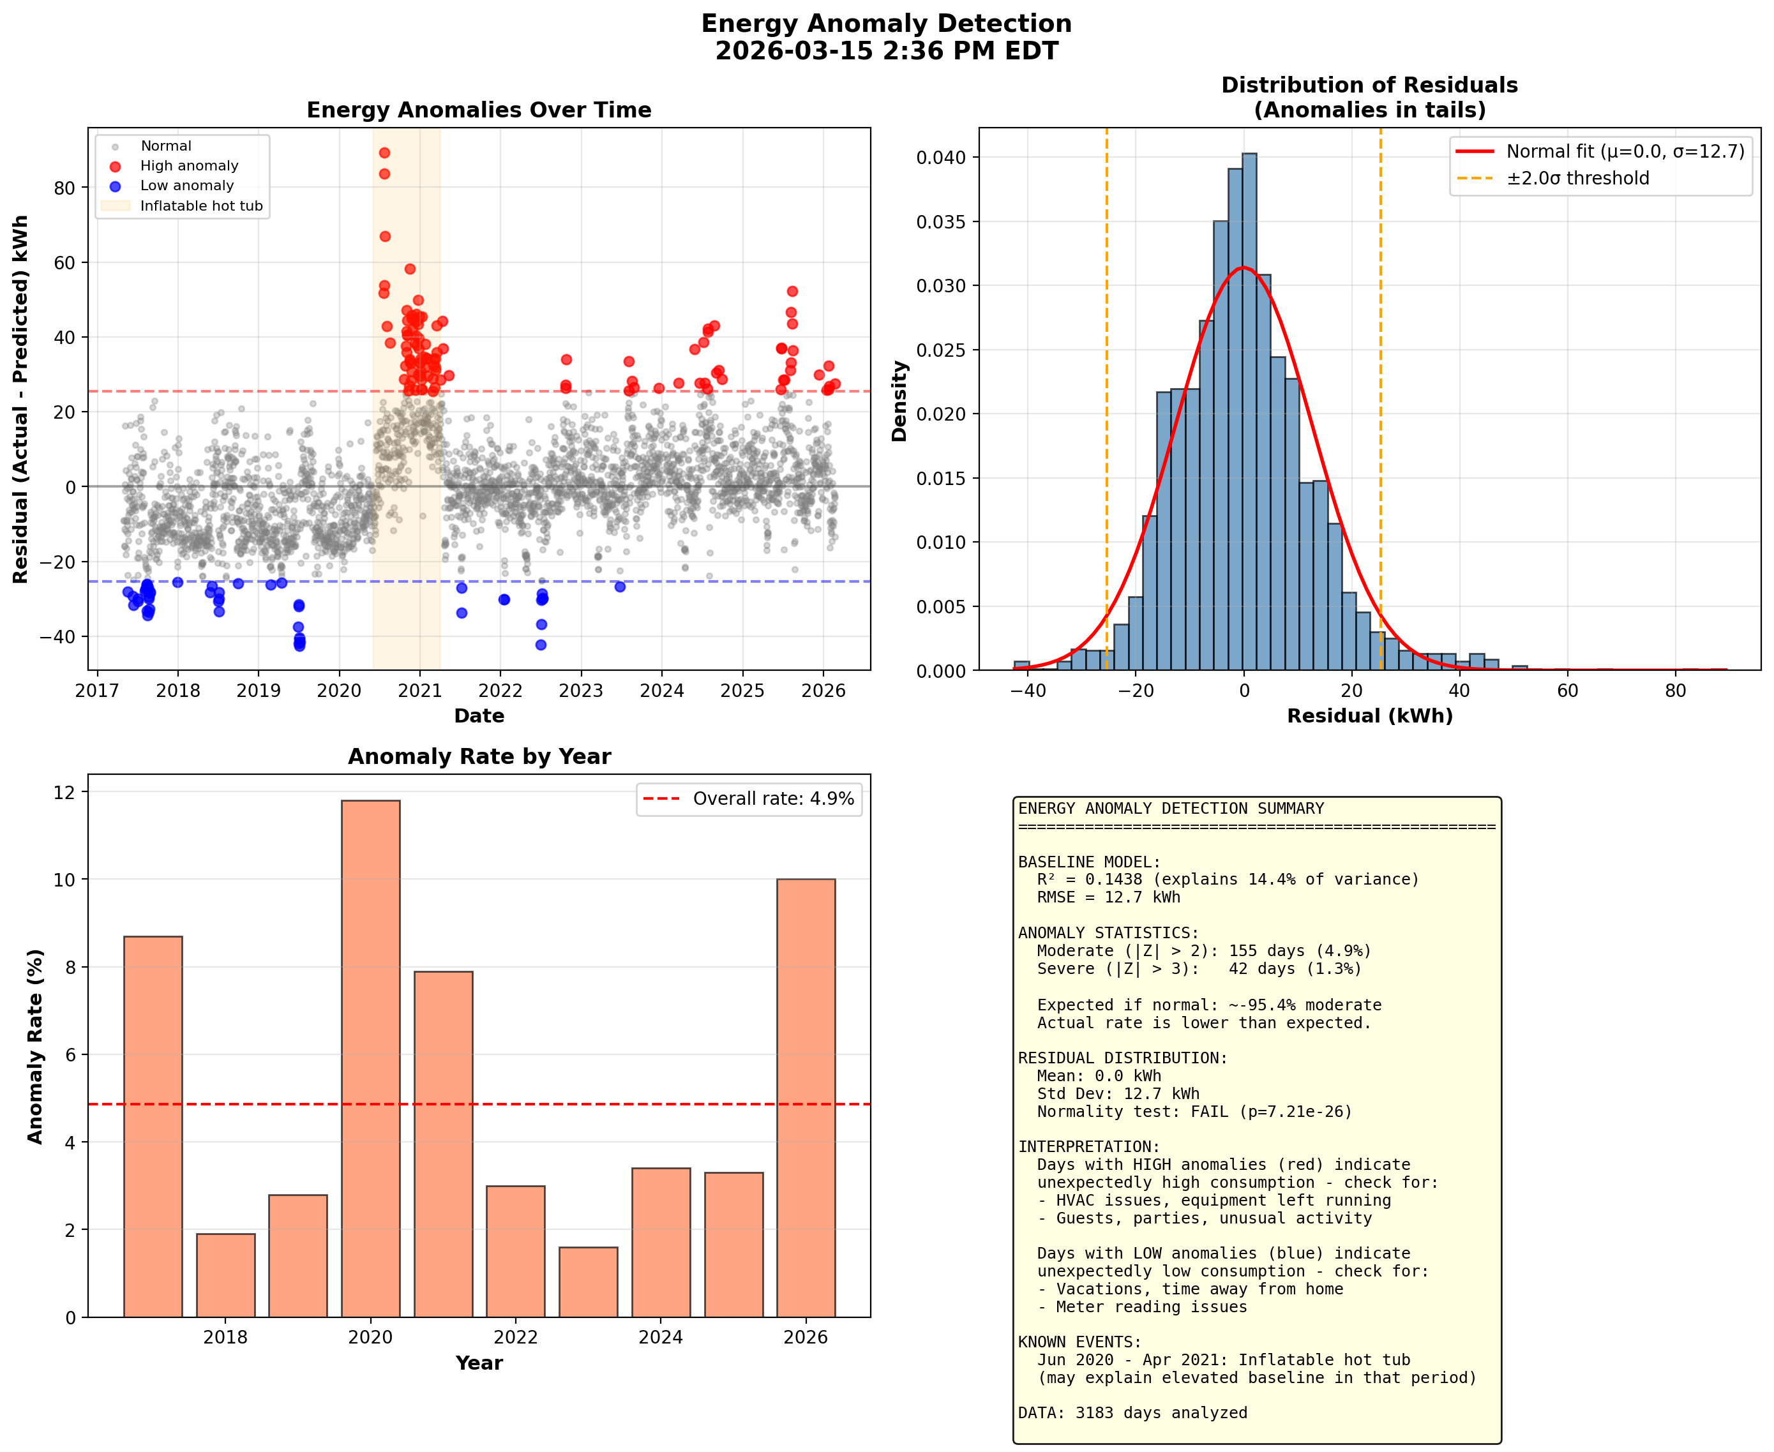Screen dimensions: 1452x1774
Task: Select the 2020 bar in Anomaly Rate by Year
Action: click(370, 1058)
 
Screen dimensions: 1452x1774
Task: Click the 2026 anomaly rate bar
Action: click(806, 1097)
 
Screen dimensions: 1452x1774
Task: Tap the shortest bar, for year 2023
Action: click(588, 1282)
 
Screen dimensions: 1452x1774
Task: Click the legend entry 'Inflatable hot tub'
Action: click(200, 206)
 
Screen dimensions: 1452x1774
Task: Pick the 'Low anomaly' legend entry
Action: click(186, 186)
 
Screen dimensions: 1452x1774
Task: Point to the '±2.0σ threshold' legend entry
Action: click(1577, 178)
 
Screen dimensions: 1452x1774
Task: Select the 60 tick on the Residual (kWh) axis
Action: click(1567, 691)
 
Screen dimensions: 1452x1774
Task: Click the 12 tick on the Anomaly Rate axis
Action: click(64, 792)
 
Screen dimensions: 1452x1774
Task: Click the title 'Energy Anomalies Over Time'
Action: click(478, 110)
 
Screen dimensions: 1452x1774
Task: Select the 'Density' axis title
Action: click(899, 401)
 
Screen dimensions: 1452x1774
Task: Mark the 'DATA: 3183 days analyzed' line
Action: click(1132, 1412)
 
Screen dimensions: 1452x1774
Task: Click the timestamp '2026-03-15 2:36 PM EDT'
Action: click(887, 51)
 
